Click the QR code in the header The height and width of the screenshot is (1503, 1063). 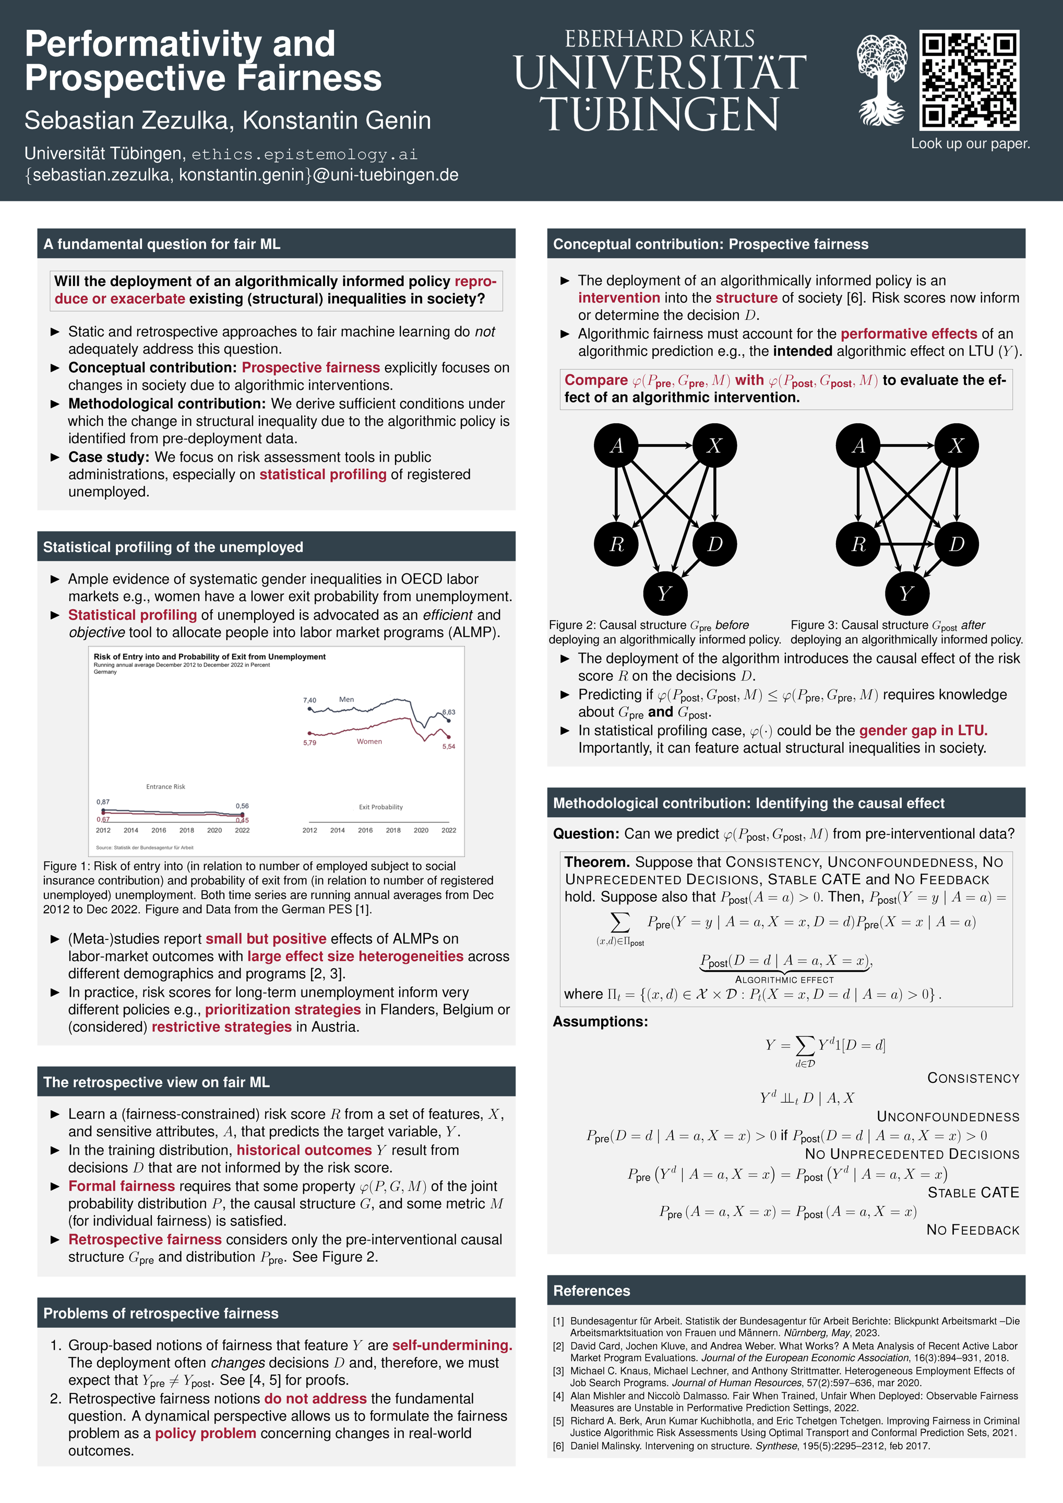point(970,80)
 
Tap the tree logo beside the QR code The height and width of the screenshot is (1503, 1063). point(882,80)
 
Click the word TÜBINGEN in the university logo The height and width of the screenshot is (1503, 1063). point(659,115)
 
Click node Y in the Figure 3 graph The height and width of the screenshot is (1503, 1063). point(906,593)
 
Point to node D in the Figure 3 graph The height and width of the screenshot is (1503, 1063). point(957,544)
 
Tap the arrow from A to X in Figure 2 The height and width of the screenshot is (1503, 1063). point(665,446)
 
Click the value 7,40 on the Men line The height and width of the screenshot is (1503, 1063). point(309,700)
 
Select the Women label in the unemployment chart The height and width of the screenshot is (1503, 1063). point(369,742)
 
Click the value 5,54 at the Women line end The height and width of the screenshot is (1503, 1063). point(448,746)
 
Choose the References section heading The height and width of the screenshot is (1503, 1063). point(592,1290)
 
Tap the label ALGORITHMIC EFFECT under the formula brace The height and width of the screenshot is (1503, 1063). point(784,980)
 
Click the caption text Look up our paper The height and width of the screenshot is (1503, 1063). point(970,144)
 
